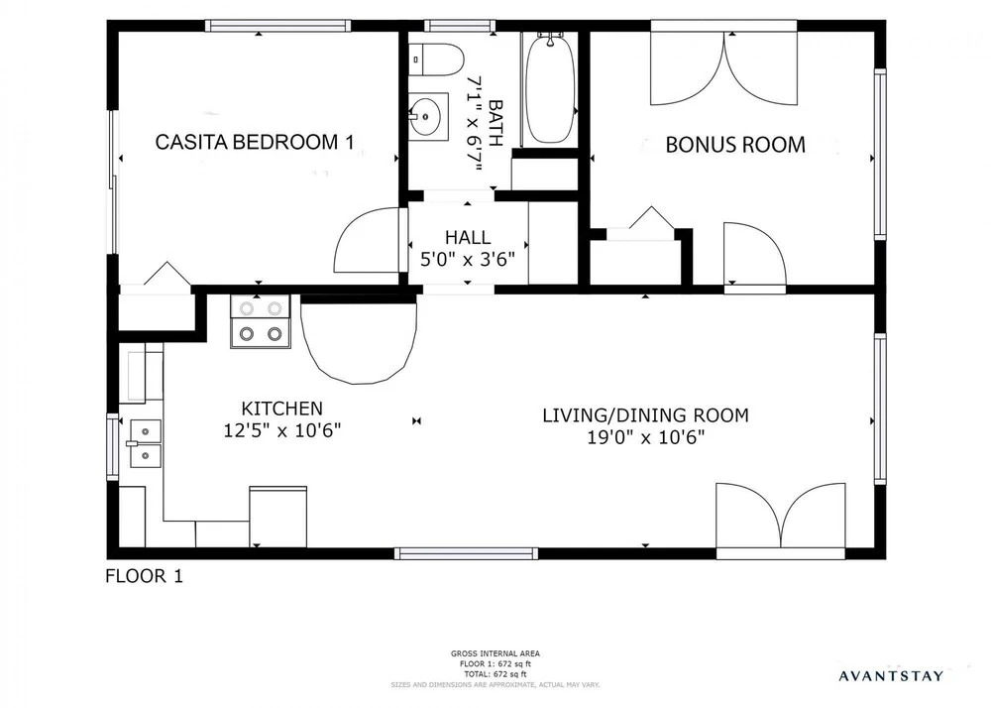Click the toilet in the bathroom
pyautogui.click(x=436, y=59)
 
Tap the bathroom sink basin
pyautogui.click(x=428, y=116)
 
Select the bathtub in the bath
pyautogui.click(x=550, y=88)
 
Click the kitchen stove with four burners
pyautogui.click(x=260, y=321)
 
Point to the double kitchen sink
pyautogui.click(x=146, y=444)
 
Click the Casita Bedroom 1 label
pyautogui.click(x=255, y=142)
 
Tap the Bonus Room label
pyautogui.click(x=735, y=145)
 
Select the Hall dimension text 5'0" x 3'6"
pyautogui.click(x=468, y=259)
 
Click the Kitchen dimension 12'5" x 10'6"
pyautogui.click(x=282, y=430)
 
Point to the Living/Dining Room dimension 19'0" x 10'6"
pyautogui.click(x=646, y=437)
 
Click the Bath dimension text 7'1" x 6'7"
pyautogui.click(x=475, y=124)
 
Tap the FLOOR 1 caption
pyautogui.click(x=144, y=576)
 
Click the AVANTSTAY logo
pyautogui.click(x=891, y=676)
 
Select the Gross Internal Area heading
pyautogui.click(x=495, y=653)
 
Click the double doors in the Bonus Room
pyautogui.click(x=724, y=66)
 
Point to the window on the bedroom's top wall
pyautogui.click(x=277, y=26)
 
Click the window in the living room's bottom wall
pyautogui.click(x=467, y=553)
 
